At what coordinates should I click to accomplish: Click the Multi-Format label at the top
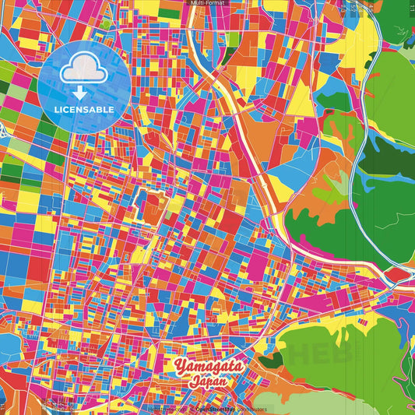point(207,4)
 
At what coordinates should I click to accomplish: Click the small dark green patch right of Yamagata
point(271,360)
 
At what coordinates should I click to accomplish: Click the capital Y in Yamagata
point(181,366)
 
